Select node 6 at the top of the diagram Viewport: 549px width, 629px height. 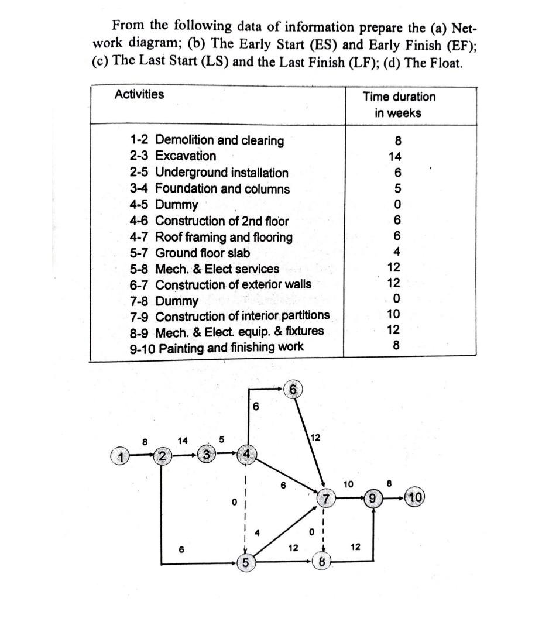[x=293, y=389]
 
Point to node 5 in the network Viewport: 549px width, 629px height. [x=246, y=562]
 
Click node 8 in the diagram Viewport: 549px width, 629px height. [x=321, y=562]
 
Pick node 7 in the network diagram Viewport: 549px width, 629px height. [x=325, y=499]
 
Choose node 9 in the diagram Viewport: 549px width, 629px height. [x=373, y=499]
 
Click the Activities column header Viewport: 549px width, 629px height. [x=139, y=94]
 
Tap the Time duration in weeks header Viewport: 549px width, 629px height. [x=399, y=104]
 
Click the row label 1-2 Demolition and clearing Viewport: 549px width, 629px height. [x=207, y=140]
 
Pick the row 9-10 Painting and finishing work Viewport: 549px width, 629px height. [x=217, y=347]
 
